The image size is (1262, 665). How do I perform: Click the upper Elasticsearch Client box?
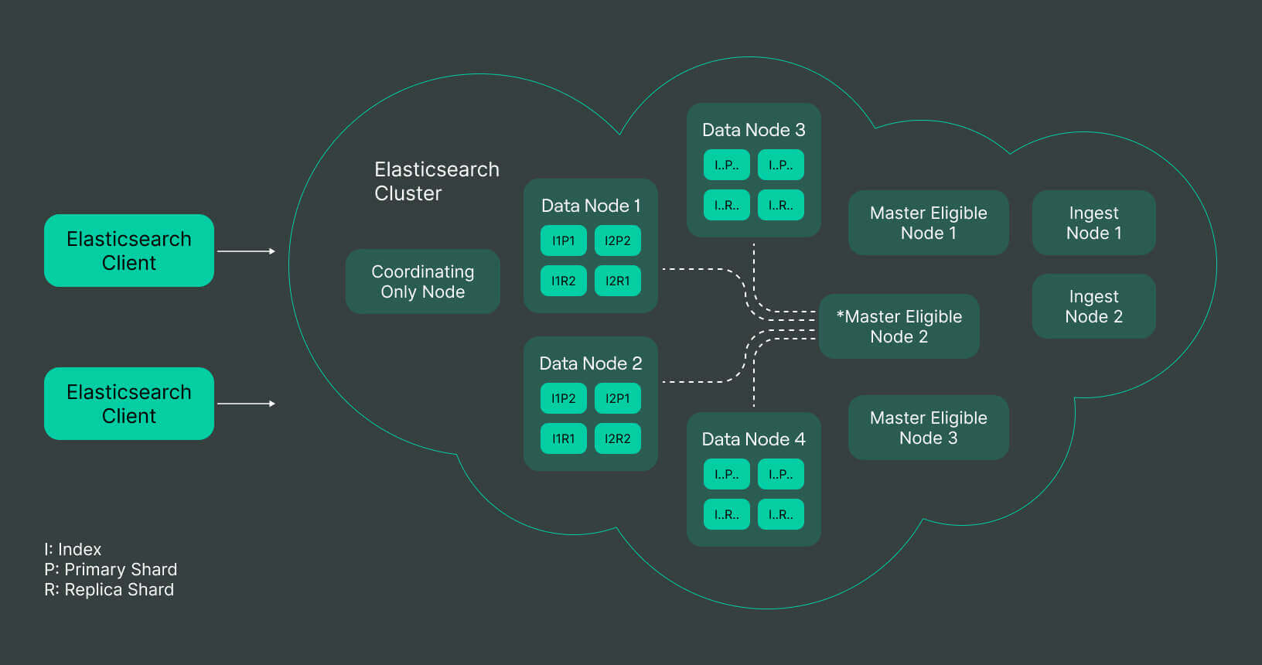129,251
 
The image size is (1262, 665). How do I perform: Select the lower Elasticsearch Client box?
129,404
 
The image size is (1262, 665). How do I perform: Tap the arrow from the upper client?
246,251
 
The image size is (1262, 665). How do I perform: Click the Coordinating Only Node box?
422,281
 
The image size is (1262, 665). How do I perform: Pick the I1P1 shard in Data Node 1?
564,240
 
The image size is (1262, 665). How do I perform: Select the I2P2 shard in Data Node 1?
618,240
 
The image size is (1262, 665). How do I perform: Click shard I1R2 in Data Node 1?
564,281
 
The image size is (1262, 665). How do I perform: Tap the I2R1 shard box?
618,281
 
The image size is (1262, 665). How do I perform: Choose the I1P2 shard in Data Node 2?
564,398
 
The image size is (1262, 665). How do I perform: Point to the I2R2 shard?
618,438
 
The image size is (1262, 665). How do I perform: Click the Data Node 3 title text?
753,130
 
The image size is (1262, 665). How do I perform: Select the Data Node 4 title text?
753,439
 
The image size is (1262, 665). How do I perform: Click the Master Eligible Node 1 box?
928,223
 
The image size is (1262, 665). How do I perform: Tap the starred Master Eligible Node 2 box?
899,326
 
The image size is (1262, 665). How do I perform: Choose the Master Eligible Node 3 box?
928,428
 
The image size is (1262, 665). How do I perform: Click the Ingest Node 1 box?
1093,223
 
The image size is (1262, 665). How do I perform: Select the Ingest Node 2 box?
1093,306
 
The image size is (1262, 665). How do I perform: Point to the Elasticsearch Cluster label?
436,181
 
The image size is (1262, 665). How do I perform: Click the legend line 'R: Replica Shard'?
109,590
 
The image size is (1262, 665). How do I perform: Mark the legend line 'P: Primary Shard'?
111,570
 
